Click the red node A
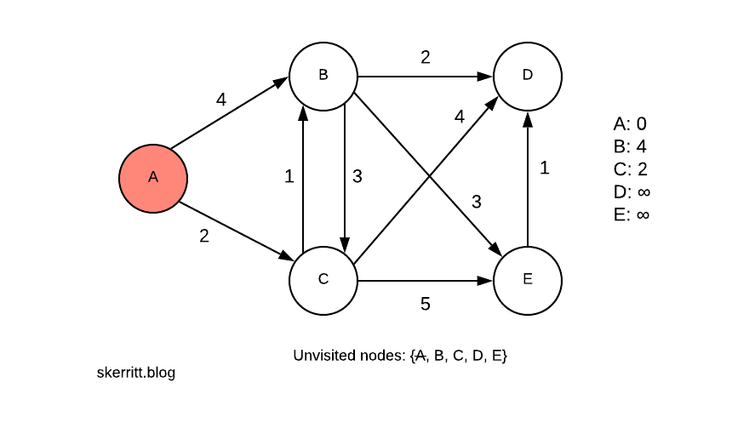click(153, 178)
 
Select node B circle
click(323, 76)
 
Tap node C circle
click(323, 280)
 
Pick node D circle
click(528, 76)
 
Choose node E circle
click(528, 280)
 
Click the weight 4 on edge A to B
click(221, 100)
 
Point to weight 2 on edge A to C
click(204, 237)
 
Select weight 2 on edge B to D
click(426, 58)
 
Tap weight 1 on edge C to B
click(289, 177)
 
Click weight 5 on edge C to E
click(426, 304)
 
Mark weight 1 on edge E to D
click(545, 168)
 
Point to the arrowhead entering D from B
click(487, 76)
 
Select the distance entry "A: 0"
click(630, 124)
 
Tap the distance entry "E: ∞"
click(631, 214)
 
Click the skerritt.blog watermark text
click(136, 373)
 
